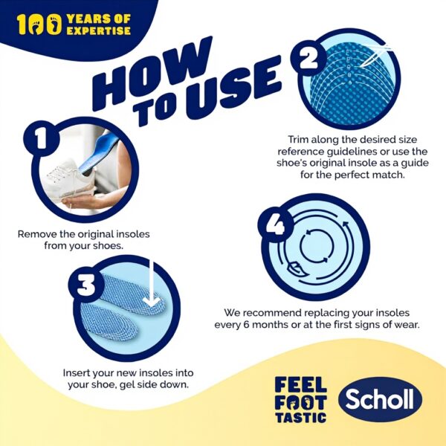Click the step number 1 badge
click(x=42, y=138)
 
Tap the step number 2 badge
click(x=308, y=59)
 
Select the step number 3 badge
click(x=86, y=285)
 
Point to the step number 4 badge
click(x=276, y=224)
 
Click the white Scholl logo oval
click(x=380, y=398)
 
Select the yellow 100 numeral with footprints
click(x=39, y=25)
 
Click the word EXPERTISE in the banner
click(x=98, y=30)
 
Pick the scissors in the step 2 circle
click(x=375, y=56)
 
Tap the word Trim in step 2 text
click(x=298, y=140)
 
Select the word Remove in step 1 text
click(x=37, y=234)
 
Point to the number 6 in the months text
click(x=247, y=325)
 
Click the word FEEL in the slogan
click(x=300, y=384)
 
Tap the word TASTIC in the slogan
click(x=300, y=418)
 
